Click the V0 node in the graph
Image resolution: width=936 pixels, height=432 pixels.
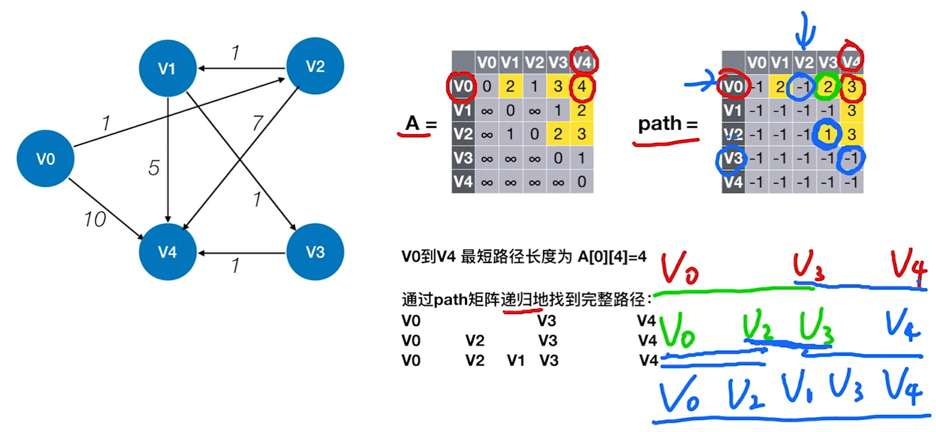[x=45, y=158]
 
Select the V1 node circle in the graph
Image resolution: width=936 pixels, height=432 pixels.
[x=167, y=68]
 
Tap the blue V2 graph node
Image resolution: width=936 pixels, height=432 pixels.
[x=315, y=66]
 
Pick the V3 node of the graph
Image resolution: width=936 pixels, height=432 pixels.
[x=315, y=251]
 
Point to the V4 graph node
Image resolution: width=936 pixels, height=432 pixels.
[x=167, y=251]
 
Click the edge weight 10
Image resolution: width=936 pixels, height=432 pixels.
[x=95, y=219]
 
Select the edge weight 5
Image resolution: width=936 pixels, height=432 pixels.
[x=154, y=168]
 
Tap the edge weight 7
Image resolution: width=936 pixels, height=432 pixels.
[x=258, y=123]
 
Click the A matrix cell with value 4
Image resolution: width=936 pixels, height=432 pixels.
[x=581, y=86]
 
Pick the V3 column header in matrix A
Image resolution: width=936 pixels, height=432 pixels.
[x=558, y=63]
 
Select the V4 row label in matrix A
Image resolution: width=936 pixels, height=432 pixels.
[x=462, y=181]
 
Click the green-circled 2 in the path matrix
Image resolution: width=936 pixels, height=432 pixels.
[x=828, y=87]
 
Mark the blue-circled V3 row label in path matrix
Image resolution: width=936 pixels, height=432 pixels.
[x=733, y=158]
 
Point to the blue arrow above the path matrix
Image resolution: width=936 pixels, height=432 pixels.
[x=805, y=30]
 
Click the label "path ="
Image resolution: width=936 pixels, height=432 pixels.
[x=668, y=124]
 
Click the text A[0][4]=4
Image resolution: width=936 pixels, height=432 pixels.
[x=612, y=257]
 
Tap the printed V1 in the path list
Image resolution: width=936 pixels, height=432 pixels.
[x=516, y=360]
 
